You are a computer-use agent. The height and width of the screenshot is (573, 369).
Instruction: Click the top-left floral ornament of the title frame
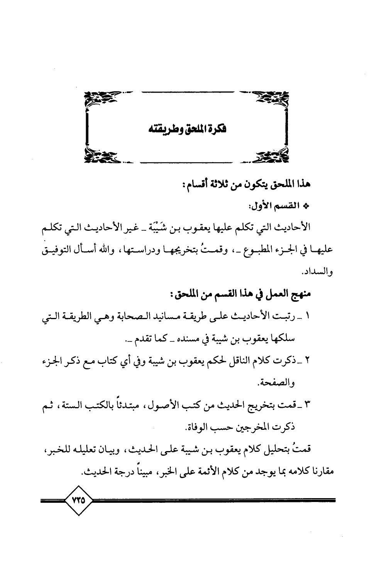(98, 100)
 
